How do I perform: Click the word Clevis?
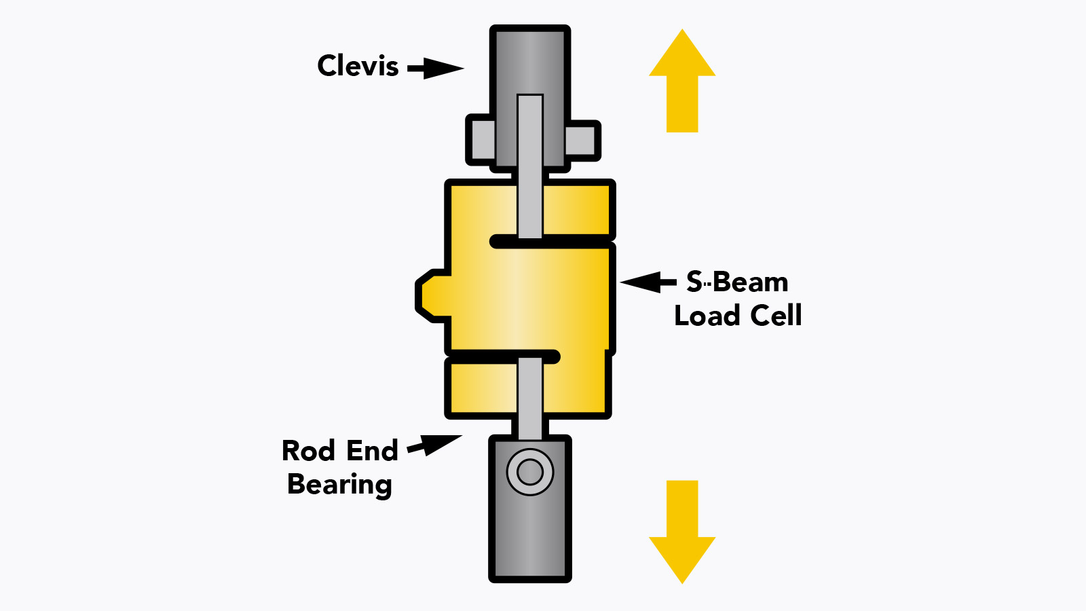point(358,66)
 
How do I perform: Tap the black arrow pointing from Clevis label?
point(434,68)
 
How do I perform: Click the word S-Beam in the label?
point(737,282)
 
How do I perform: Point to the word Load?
point(707,316)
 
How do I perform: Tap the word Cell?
point(776,316)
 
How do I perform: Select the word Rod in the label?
point(308,451)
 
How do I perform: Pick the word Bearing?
point(339,485)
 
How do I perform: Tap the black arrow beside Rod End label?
point(434,445)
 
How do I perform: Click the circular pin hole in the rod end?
point(530,472)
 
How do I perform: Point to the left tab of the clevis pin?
point(481,141)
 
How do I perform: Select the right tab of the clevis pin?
point(581,141)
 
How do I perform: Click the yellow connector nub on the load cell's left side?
point(432,295)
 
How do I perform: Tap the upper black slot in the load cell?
point(551,242)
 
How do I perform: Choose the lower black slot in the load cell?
point(502,356)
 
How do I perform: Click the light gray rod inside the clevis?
point(530,136)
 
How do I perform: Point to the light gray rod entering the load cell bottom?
point(530,397)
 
